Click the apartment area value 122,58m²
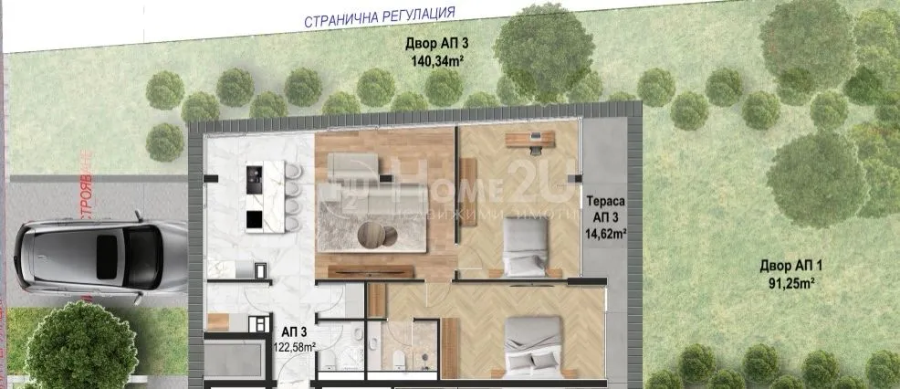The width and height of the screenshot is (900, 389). tap(295, 347)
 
